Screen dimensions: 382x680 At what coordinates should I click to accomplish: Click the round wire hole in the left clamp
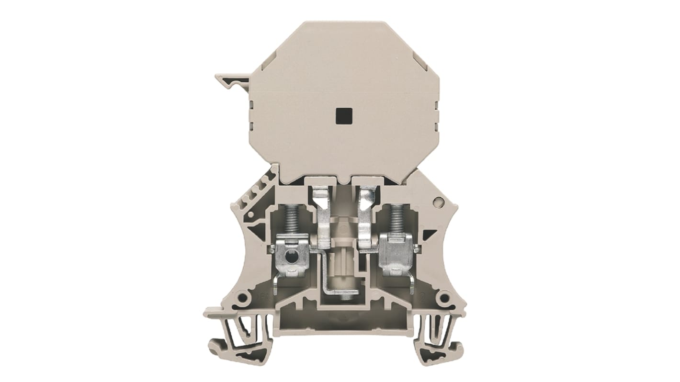[x=287, y=258]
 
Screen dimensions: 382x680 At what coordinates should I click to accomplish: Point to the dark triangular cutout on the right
[x=430, y=235]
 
